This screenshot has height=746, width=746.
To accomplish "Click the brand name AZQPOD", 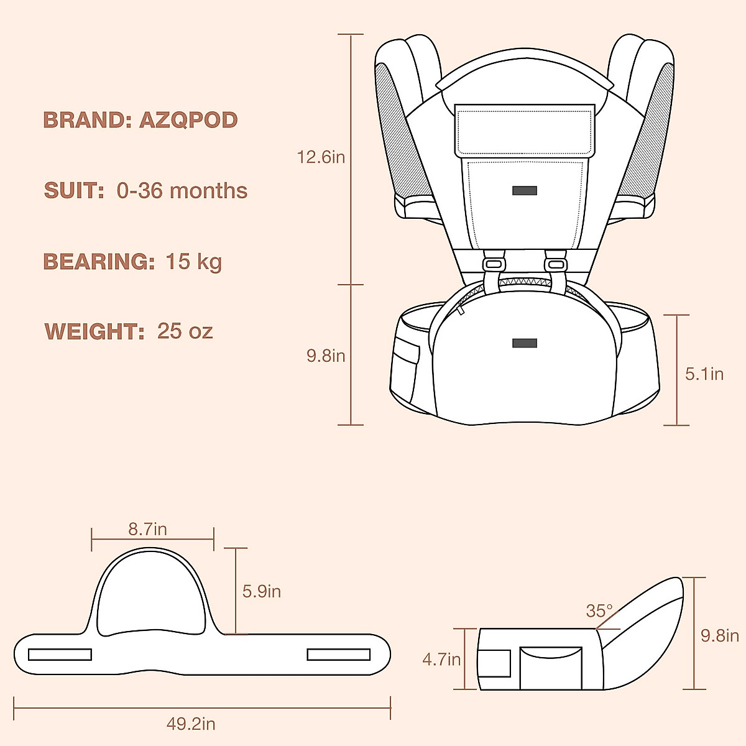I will tap(188, 120).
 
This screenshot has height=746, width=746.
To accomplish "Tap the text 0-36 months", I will tap(182, 191).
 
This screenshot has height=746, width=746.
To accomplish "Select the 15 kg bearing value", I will tap(193, 262).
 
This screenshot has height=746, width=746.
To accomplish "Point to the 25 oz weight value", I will tap(185, 331).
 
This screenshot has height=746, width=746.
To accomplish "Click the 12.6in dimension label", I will tap(321, 157).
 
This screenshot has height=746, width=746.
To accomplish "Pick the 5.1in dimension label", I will tap(704, 374).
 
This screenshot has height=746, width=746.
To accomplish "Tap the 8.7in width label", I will tap(147, 529).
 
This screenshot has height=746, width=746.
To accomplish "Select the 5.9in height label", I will tap(262, 591).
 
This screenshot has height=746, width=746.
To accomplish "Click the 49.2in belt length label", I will tap(191, 724).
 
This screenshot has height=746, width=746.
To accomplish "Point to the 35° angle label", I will tap(599, 611).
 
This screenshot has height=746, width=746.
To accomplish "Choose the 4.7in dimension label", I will tap(441, 659).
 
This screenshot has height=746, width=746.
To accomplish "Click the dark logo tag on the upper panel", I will tap(525, 191).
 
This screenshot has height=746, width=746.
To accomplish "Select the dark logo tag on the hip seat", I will tap(525, 343).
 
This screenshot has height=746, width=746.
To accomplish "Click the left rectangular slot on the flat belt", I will tap(60, 655).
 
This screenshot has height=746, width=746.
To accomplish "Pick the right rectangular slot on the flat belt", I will tap(339, 655).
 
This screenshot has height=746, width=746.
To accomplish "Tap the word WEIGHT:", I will tap(94, 331).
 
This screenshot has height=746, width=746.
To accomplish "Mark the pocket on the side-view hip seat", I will tap(551, 668).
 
